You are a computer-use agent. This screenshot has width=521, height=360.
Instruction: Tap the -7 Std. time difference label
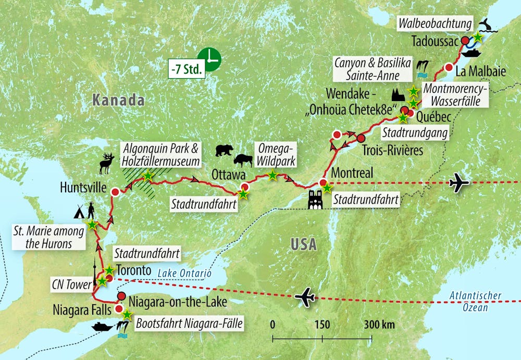pyautogui.click(x=187, y=69)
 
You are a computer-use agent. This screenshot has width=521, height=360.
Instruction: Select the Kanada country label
pyautogui.click(x=118, y=100)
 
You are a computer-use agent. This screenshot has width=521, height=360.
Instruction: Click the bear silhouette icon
pyautogui.click(x=225, y=151)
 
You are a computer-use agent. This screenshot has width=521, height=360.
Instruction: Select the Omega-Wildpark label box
pyautogui.click(x=275, y=155)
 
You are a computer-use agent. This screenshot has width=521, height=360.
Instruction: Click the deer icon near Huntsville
pyautogui.click(x=107, y=163)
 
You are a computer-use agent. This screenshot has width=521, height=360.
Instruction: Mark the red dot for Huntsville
pyautogui.click(x=115, y=192)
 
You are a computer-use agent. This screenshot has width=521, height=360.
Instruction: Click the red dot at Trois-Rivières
pyautogui.click(x=361, y=138)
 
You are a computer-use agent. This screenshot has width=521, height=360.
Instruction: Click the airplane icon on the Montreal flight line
pyautogui.click(x=458, y=183)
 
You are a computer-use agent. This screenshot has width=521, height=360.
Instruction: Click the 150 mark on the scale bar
pyautogui.click(x=322, y=324)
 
